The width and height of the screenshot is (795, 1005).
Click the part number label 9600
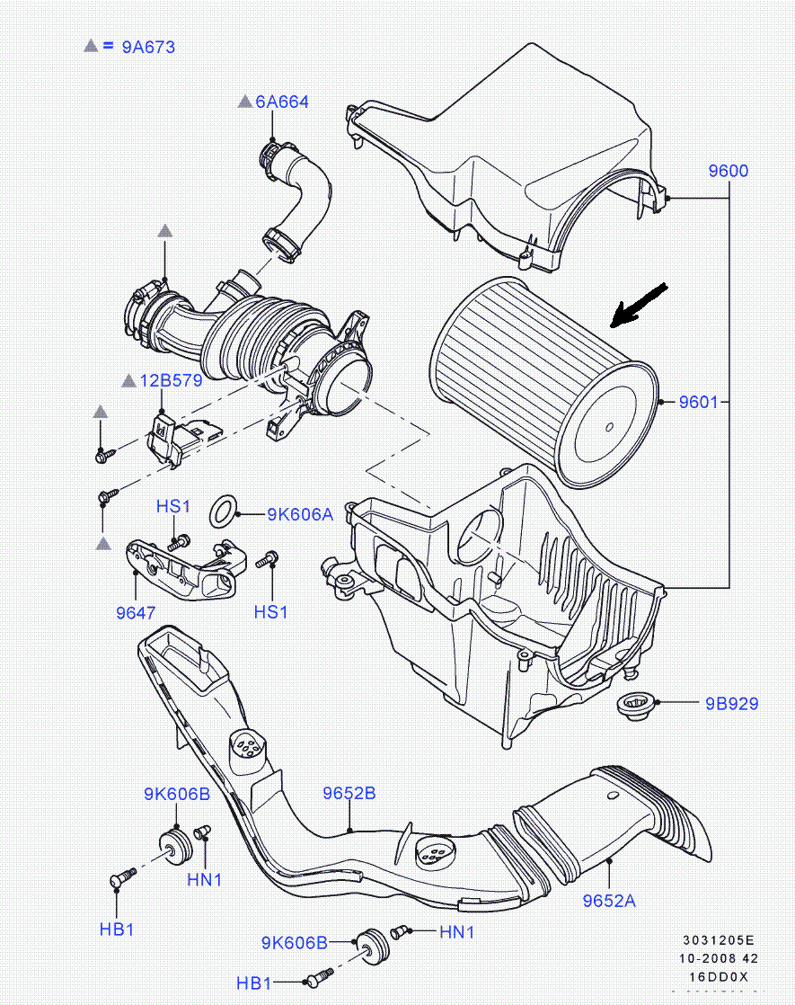pyautogui.click(x=728, y=171)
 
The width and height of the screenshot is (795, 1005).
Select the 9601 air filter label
pyautogui.click(x=698, y=402)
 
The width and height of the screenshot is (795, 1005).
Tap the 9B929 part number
pyautogui.click(x=731, y=703)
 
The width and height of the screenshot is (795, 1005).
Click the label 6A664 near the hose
pyautogui.click(x=281, y=102)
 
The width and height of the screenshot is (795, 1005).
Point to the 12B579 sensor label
pyautogui.click(x=171, y=380)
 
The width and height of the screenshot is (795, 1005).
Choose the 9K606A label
pyautogui.click(x=300, y=514)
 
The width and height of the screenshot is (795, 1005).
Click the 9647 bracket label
pyautogui.click(x=136, y=613)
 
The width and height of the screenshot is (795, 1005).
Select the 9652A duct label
pyautogui.click(x=609, y=900)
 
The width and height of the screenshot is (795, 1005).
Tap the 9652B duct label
pyautogui.click(x=349, y=793)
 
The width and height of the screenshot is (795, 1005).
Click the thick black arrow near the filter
pyautogui.click(x=638, y=305)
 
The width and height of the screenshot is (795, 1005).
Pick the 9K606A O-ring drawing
pyautogui.click(x=225, y=511)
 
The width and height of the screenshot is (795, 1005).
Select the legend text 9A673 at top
pyautogui.click(x=148, y=47)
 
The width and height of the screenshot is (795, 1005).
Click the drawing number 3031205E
pyautogui.click(x=719, y=940)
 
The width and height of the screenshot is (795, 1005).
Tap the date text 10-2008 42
pyautogui.click(x=719, y=958)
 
